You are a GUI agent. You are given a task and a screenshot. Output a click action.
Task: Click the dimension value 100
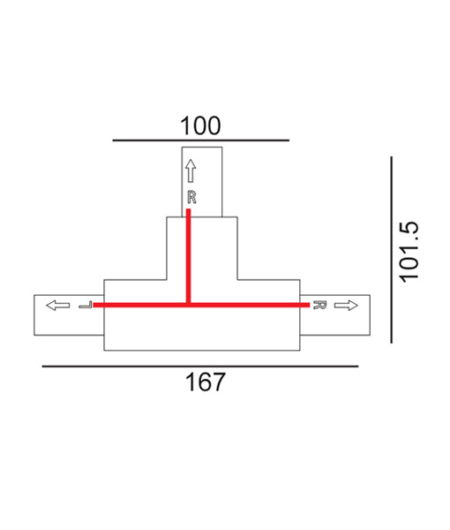(200, 125)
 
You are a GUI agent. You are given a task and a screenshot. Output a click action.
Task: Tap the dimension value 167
(206, 382)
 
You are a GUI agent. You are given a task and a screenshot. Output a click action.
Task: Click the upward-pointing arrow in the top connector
(191, 170)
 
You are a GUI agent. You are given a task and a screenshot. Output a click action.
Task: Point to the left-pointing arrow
(57, 306)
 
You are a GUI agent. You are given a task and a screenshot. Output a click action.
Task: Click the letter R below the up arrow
(191, 197)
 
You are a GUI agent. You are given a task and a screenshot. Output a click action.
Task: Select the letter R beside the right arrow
(320, 306)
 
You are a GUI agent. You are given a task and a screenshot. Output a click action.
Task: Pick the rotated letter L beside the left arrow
(85, 306)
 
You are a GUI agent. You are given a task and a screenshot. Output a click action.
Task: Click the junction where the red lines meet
(189, 306)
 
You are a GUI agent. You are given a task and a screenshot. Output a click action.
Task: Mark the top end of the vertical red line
(189, 210)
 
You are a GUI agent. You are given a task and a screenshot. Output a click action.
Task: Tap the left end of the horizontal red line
(94, 306)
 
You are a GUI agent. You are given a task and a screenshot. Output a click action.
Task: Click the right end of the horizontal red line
(309, 306)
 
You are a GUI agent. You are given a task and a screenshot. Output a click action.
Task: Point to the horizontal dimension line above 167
(199, 366)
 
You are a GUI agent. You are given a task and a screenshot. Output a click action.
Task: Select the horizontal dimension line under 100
(200, 140)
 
